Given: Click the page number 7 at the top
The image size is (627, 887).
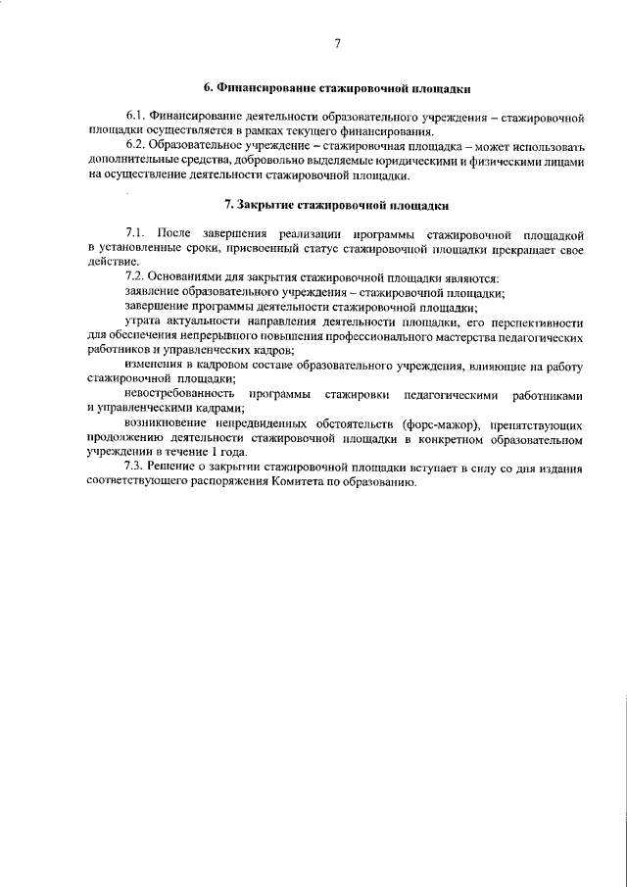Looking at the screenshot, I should (336, 44).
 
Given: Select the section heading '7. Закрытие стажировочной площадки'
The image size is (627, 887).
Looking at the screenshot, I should (337, 206).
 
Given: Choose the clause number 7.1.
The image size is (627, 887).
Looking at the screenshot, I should (136, 234).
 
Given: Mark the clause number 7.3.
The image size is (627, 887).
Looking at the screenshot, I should (136, 468).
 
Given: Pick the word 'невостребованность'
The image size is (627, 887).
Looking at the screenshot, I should (180, 394).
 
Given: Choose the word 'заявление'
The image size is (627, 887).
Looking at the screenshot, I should (154, 292).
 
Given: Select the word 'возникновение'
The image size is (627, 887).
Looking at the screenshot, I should (169, 424).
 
